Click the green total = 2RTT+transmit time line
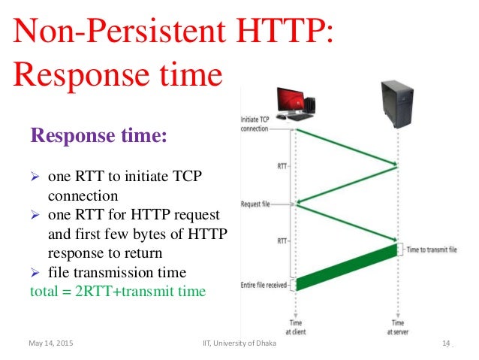tap(117, 291)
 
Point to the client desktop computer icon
tap(295, 103)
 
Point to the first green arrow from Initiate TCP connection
tap(346, 147)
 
